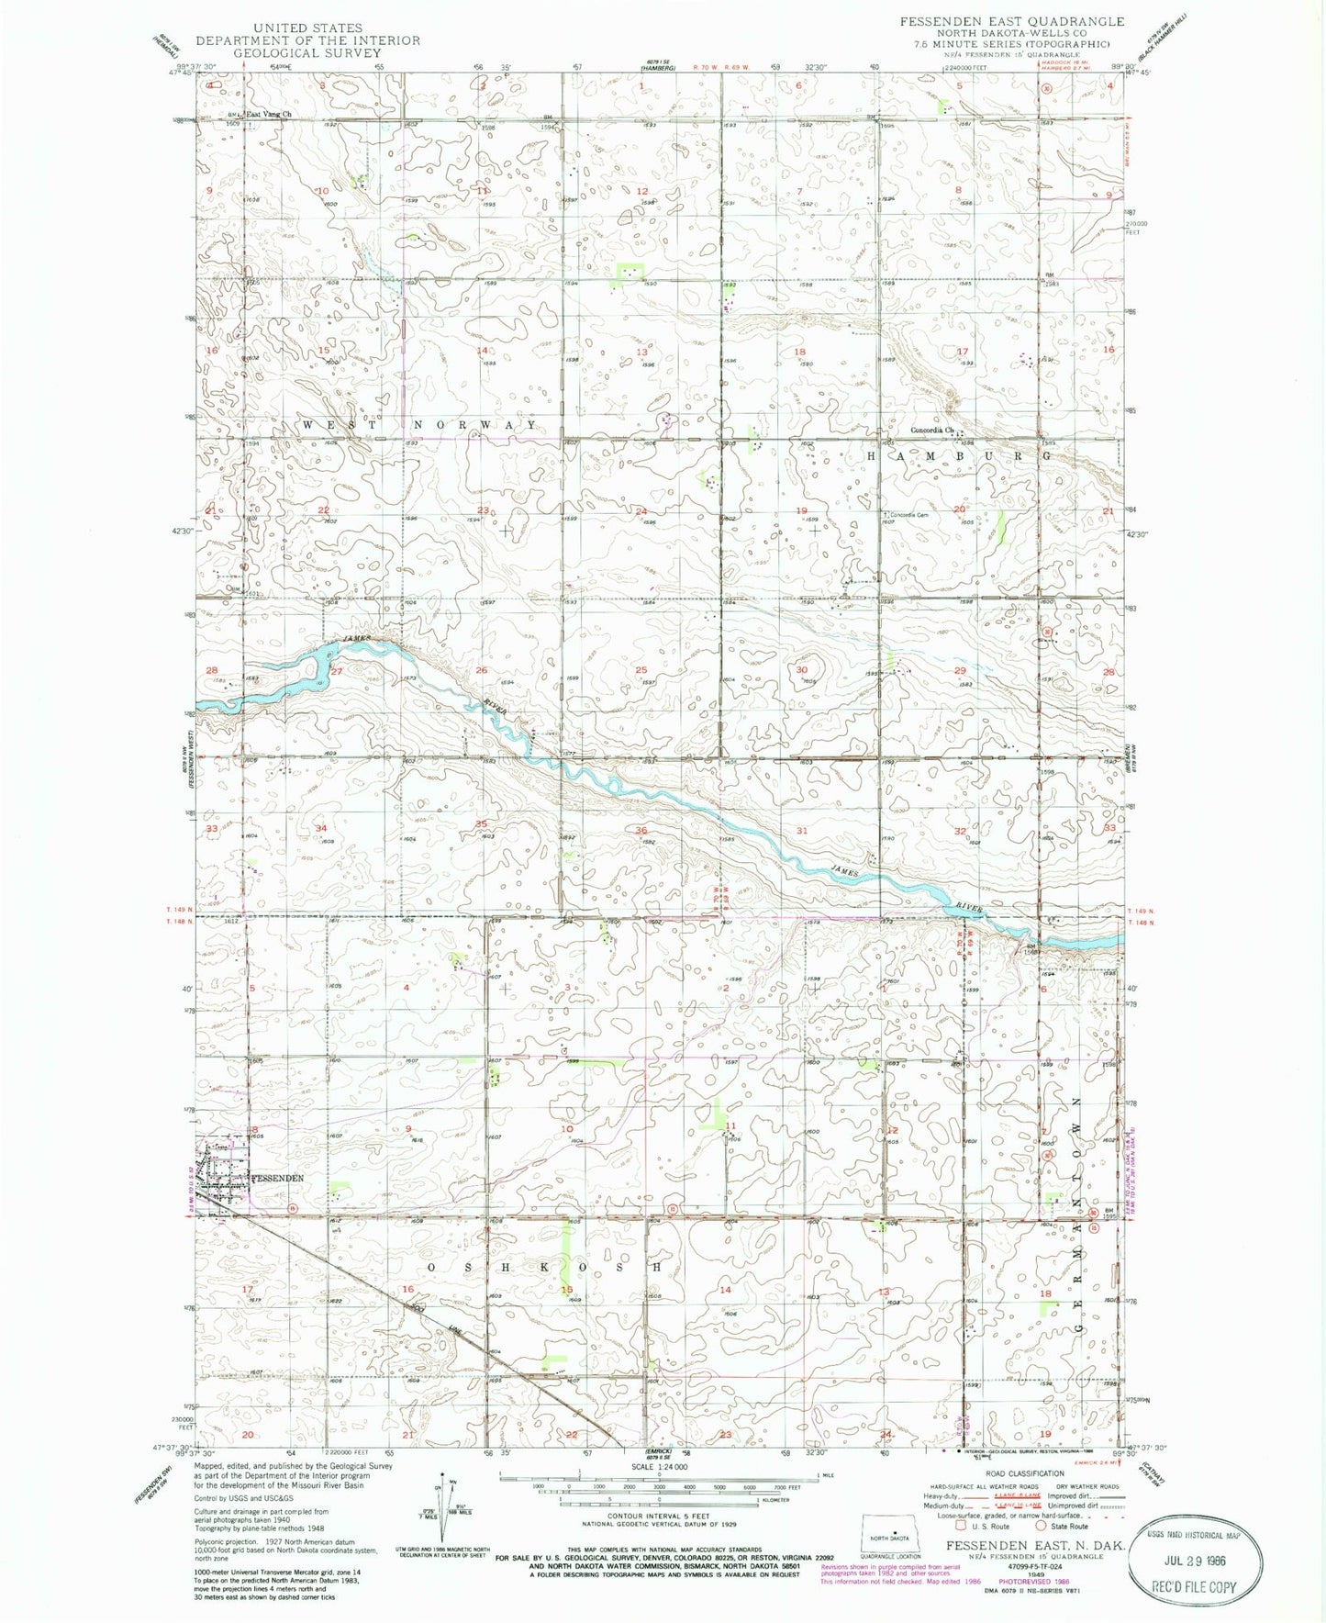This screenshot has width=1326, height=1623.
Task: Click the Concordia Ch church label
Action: pyautogui.click(x=933, y=430)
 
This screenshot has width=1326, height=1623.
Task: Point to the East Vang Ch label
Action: pyautogui.click(x=265, y=115)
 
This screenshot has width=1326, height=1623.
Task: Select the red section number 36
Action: pyautogui.click(x=641, y=831)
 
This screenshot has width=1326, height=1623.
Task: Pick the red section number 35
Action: pyautogui.click(x=481, y=823)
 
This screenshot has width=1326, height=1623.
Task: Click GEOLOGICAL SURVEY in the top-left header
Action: pyautogui.click(x=307, y=53)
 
